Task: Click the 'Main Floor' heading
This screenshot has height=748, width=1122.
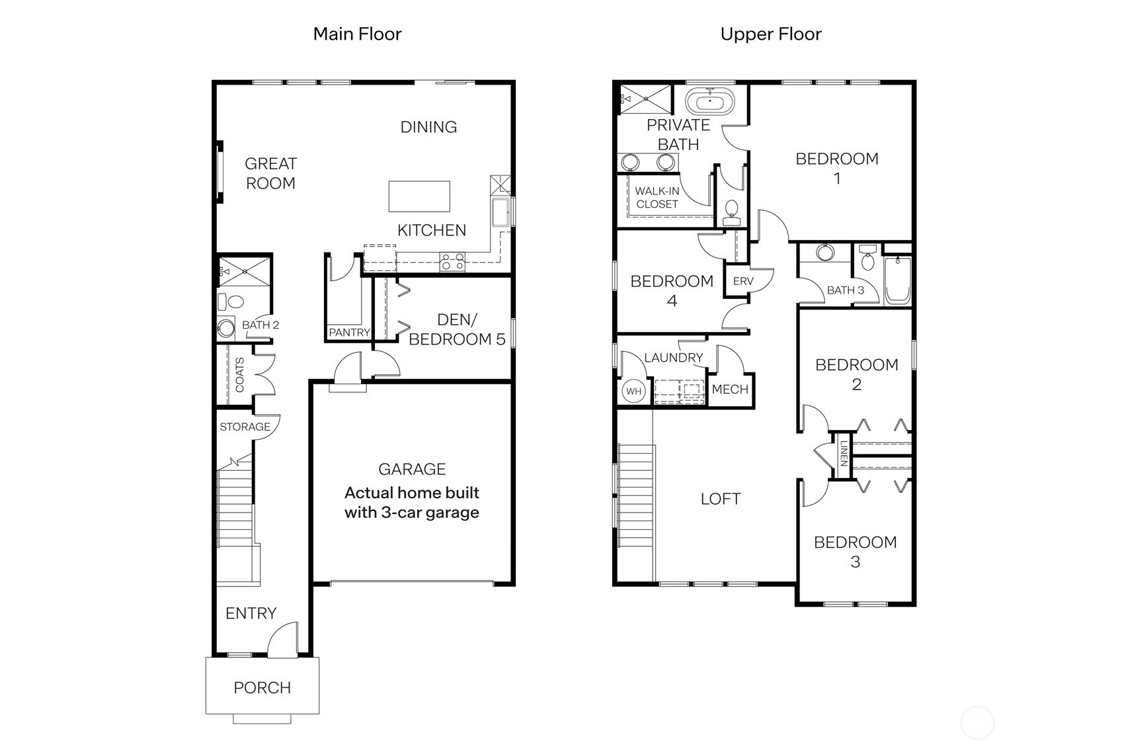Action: tap(357, 34)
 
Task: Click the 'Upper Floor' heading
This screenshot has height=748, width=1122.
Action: tap(770, 34)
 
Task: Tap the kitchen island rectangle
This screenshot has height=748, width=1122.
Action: tap(419, 196)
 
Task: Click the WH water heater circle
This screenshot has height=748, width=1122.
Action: tap(633, 391)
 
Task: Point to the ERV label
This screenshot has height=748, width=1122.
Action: tap(743, 281)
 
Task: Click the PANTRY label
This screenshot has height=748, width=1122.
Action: tap(349, 333)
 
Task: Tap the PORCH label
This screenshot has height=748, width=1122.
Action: tap(262, 688)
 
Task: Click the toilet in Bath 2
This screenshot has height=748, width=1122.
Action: tap(231, 302)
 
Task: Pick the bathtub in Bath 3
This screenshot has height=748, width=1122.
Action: tap(897, 280)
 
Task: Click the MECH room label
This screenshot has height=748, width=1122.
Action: tap(730, 390)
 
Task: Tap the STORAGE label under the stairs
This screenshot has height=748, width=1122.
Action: tap(245, 427)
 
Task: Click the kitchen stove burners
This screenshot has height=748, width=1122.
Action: tap(452, 262)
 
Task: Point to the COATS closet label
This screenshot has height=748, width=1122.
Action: tap(239, 375)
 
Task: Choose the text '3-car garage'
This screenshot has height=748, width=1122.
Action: tap(430, 513)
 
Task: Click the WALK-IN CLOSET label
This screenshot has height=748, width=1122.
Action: tap(657, 198)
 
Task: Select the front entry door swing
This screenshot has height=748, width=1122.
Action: tap(283, 640)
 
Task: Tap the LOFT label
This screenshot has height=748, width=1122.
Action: tap(720, 499)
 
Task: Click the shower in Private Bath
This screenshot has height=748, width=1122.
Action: tap(645, 99)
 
